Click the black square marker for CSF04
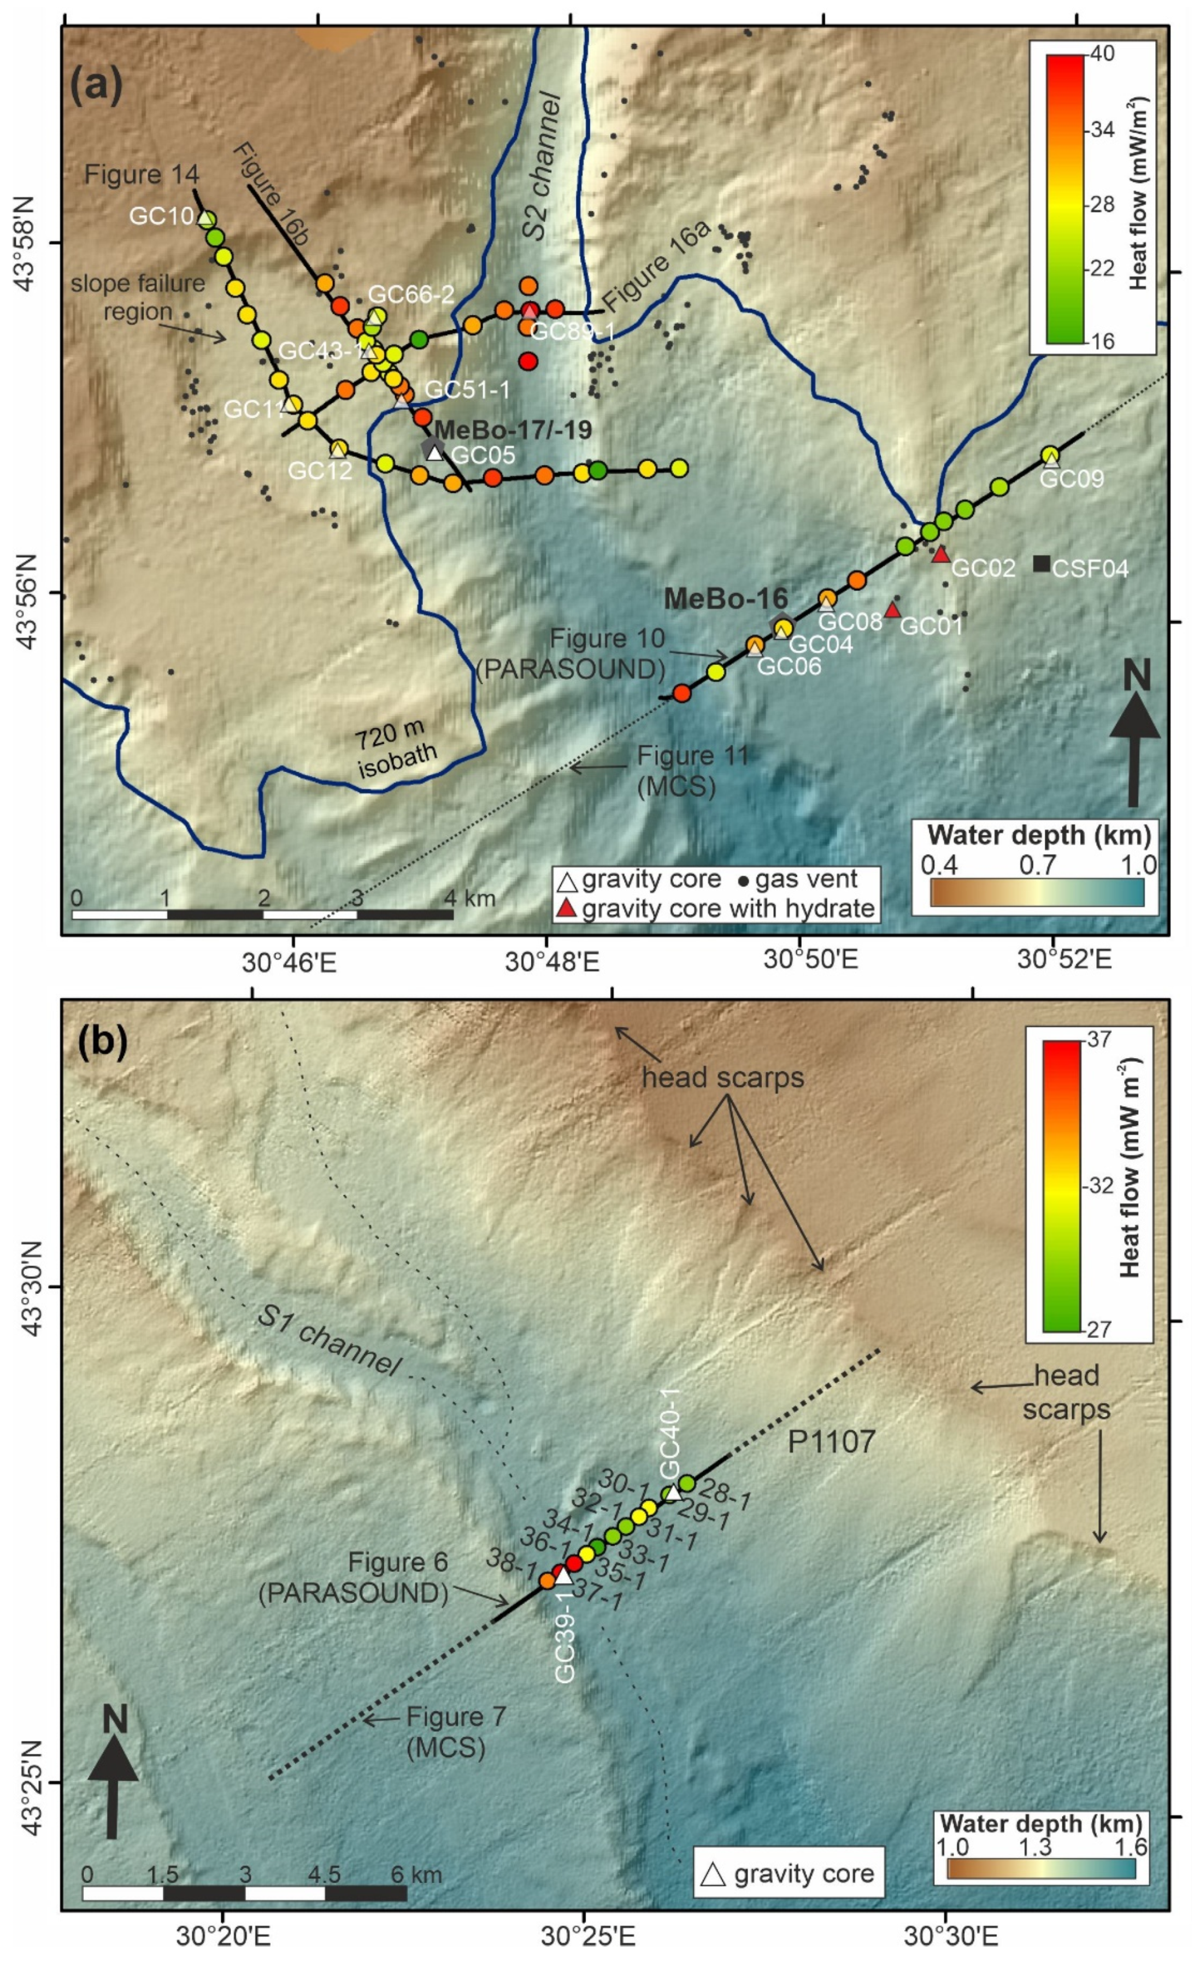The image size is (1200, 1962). (x=1041, y=564)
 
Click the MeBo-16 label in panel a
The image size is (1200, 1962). (x=726, y=598)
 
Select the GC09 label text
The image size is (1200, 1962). (x=1072, y=479)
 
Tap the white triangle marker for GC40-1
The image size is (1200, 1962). (x=673, y=1492)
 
